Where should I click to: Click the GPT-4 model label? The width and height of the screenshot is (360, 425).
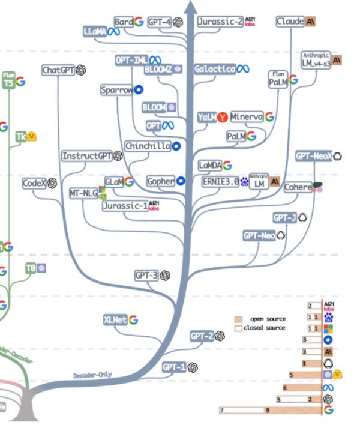coord(160,22)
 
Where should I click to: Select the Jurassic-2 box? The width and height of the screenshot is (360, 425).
coord(220,22)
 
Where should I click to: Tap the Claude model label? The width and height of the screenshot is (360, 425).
coord(290,22)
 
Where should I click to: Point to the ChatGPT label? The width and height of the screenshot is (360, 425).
coord(58,70)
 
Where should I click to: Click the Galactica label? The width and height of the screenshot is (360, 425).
coord(215,70)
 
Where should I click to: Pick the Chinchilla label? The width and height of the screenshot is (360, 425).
coord(148,146)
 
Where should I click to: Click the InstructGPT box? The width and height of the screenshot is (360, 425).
coord(87,156)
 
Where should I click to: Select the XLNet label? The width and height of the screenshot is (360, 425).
coord(115,320)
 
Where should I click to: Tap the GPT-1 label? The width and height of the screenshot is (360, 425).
coord(175,367)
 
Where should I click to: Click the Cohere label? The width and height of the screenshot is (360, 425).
coord(298,187)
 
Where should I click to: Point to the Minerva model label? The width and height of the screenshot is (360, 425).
coord(247,117)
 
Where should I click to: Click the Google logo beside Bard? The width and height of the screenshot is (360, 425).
coord(139,22)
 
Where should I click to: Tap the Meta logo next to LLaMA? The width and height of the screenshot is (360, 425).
coord(113,31)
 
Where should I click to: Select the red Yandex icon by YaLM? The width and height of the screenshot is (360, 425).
coord(221,118)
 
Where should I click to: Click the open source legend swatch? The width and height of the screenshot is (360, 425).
coord(238,319)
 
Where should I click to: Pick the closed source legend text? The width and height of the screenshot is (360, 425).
coord(265,328)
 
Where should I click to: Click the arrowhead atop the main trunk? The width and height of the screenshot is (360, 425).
coord(192,7)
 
